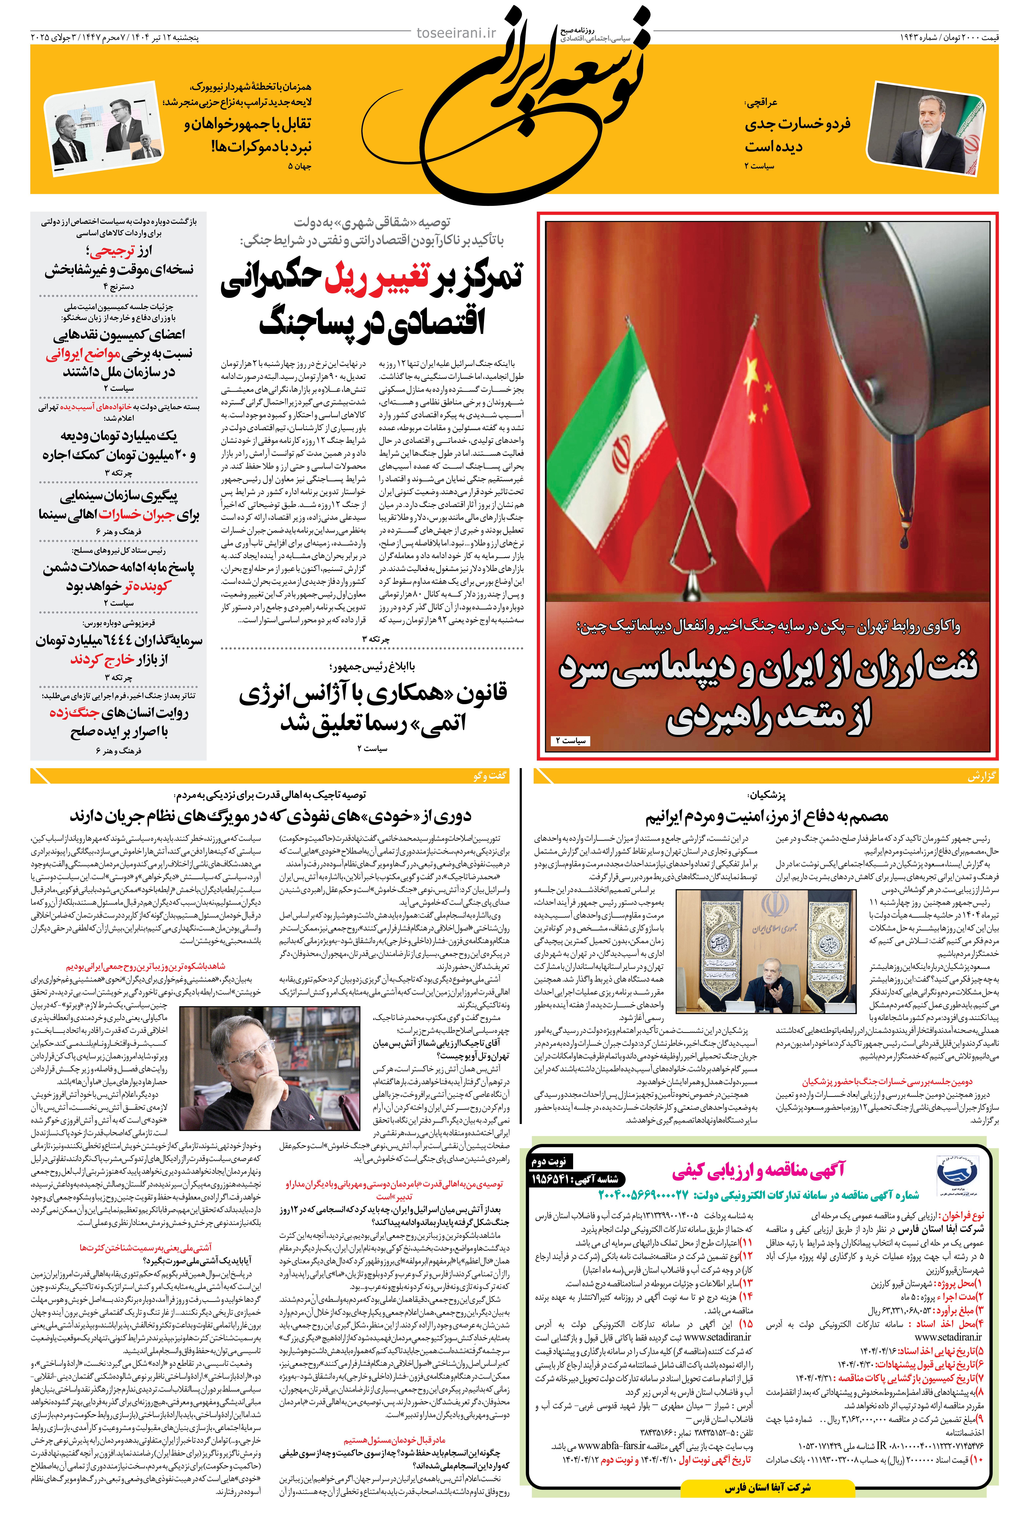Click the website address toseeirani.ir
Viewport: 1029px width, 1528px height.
tap(456, 33)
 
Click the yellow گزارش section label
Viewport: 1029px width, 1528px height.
tap(981, 776)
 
